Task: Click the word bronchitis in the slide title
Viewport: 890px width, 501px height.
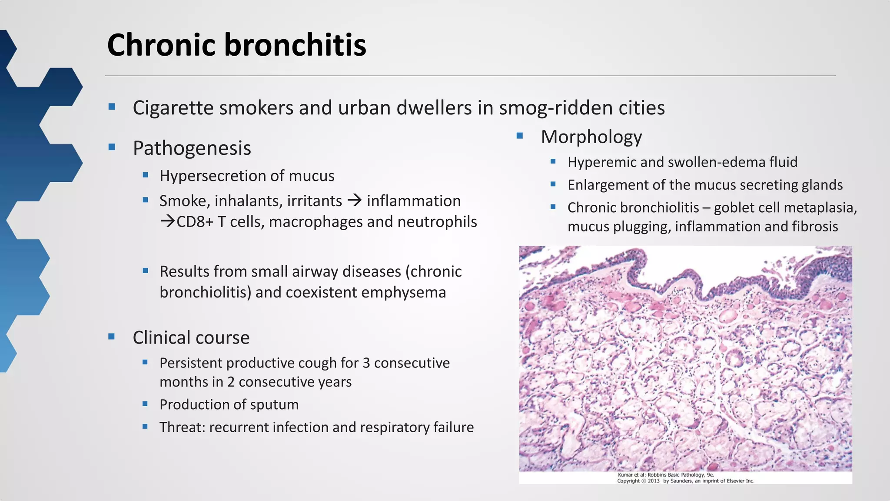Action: tap(295, 45)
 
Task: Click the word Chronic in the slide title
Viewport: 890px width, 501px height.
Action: tap(161, 45)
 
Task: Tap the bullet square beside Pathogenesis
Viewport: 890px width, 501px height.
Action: tap(112, 147)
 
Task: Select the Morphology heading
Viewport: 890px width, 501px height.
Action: tap(591, 137)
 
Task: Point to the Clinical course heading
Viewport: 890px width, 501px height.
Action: tap(191, 337)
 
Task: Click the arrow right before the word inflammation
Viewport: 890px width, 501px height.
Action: tap(355, 200)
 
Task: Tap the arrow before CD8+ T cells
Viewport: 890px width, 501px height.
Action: tap(167, 222)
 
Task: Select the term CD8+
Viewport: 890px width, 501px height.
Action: tap(195, 222)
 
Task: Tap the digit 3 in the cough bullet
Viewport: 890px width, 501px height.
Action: tap(366, 363)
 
